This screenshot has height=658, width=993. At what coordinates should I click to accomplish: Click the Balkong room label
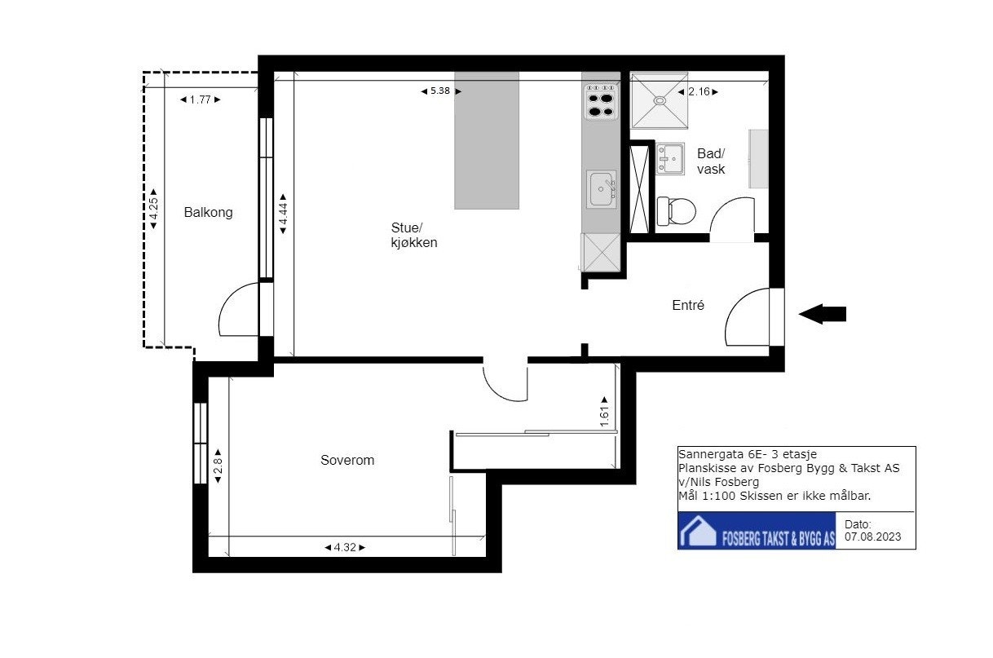(209, 212)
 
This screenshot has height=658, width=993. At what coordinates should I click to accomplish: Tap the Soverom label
(347, 460)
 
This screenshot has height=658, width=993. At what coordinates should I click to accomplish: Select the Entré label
(688, 305)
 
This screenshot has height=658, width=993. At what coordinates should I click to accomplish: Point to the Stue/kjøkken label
(414, 235)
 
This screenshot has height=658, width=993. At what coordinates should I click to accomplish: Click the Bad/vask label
(711, 161)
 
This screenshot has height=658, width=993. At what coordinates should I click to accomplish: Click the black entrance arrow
(823, 314)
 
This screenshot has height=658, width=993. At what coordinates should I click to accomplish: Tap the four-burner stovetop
(601, 102)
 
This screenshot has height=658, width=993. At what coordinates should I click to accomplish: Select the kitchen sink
(601, 189)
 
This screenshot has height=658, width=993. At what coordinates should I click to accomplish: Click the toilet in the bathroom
(676, 211)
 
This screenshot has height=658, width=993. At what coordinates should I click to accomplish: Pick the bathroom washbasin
(670, 158)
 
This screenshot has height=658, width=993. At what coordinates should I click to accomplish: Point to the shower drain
(660, 100)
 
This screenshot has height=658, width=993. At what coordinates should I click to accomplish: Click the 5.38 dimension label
(440, 91)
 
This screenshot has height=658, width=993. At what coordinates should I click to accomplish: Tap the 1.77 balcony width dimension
(200, 99)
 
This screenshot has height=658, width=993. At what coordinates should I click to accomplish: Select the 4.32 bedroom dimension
(345, 548)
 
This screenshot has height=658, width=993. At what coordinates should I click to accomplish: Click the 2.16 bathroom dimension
(698, 92)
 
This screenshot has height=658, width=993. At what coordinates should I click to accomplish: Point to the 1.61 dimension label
(604, 412)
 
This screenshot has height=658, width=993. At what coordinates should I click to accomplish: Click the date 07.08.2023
(872, 537)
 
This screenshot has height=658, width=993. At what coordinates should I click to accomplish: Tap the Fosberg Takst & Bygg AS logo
(757, 531)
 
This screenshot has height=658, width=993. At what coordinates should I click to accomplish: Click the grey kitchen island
(487, 140)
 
